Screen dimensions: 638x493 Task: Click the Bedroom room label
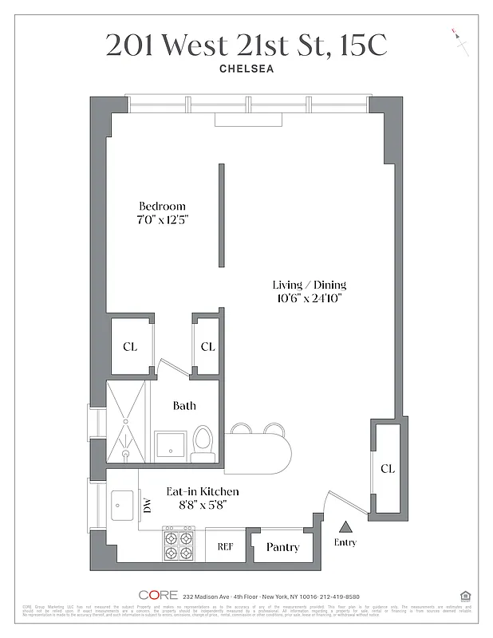[162, 206]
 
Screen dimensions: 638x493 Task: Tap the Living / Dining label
[310, 285]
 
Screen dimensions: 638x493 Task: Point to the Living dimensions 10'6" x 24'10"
[310, 299]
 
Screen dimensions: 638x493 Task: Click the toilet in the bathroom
[203, 443]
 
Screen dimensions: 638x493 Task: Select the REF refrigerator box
[226, 547]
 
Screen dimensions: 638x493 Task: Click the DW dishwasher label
[147, 504]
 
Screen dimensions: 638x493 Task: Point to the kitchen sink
[124, 504]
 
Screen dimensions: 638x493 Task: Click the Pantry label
[282, 547]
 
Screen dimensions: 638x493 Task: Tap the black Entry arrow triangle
[346, 526]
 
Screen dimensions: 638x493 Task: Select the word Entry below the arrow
[345, 543]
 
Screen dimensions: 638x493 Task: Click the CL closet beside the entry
[387, 468]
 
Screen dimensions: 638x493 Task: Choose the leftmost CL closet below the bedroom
[130, 346]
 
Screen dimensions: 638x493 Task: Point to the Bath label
[184, 406]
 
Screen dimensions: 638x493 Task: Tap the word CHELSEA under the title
[246, 69]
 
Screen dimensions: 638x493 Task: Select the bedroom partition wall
[222, 217]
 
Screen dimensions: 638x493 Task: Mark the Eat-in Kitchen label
[202, 491]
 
